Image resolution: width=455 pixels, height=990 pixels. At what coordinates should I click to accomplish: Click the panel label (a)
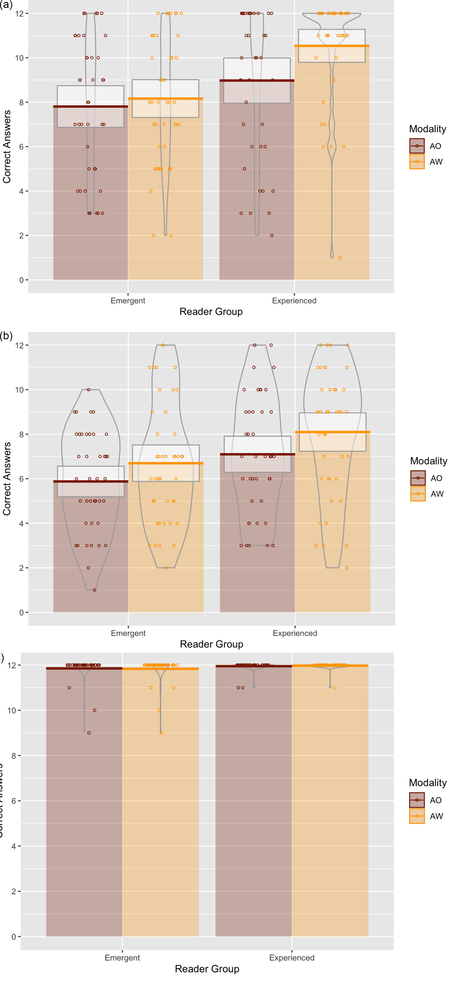6,5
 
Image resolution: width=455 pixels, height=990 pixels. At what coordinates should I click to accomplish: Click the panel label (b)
6,336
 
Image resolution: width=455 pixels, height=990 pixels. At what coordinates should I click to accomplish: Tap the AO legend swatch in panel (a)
417,146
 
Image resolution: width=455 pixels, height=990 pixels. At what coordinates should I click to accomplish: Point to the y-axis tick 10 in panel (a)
19,58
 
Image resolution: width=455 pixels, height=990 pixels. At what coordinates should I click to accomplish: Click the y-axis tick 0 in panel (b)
21,613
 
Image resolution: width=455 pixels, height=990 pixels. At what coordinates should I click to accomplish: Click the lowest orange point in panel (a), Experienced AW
340,258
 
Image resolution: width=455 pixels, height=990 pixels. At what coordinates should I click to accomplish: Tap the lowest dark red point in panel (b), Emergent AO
95,590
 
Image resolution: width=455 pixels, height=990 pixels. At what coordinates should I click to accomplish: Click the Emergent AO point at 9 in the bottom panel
89,733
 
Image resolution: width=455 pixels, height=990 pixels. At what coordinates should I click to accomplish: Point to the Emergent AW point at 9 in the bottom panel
161,733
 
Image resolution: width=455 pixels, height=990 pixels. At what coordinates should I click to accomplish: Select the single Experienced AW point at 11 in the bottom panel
335,687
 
